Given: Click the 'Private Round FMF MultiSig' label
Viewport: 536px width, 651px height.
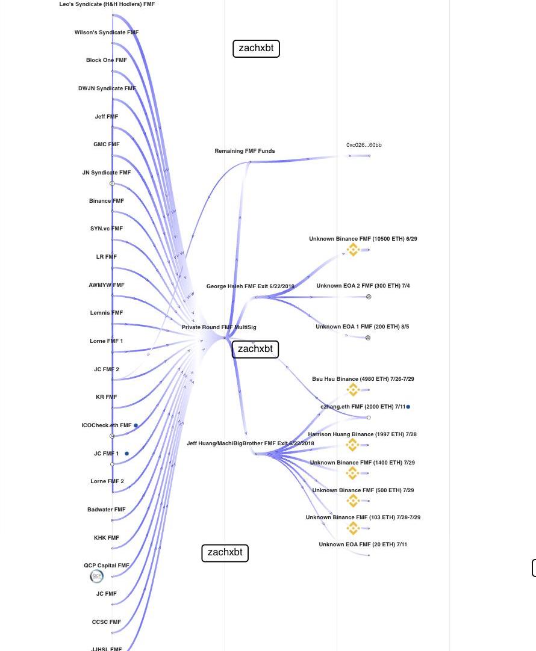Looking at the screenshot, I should tap(219, 327).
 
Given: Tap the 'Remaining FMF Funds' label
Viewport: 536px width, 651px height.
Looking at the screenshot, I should tap(245, 151).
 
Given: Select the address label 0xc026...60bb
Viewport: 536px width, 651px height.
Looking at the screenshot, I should tap(364, 145).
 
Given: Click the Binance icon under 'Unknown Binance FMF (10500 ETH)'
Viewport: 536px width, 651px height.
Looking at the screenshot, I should tap(354, 249).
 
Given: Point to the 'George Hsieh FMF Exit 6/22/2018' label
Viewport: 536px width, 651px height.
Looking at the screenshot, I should tap(250, 286).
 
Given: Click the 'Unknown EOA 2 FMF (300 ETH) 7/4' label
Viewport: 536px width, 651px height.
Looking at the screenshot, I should tap(363, 286).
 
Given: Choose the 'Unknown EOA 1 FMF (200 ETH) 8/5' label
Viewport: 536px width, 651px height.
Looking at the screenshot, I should tap(362, 327).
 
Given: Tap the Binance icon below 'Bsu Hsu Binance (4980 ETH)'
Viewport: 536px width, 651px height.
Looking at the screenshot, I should tap(354, 390).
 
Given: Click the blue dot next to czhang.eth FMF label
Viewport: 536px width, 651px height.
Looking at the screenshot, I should tap(408, 407).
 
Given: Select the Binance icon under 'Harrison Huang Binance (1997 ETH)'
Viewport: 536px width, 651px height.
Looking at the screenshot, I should tap(353, 445).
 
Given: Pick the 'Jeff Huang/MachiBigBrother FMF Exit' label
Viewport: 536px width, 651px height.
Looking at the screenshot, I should tap(250, 443).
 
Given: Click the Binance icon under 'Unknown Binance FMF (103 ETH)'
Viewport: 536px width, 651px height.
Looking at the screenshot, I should tap(354, 528).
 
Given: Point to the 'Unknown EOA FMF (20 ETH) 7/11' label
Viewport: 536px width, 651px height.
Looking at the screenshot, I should tap(363, 545).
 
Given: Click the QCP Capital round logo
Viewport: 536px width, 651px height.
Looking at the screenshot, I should tap(96, 576).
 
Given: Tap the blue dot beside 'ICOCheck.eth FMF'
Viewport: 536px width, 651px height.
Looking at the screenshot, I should tap(136, 425).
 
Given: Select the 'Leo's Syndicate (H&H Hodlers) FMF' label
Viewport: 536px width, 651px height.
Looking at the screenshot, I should tap(107, 4).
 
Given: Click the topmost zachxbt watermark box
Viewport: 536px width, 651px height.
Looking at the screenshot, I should tap(256, 49).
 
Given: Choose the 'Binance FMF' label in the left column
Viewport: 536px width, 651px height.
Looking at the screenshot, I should tap(107, 201).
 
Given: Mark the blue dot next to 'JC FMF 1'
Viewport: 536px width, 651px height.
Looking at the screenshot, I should tap(127, 453).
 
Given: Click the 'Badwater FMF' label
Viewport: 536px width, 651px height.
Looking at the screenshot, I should tap(107, 510).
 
